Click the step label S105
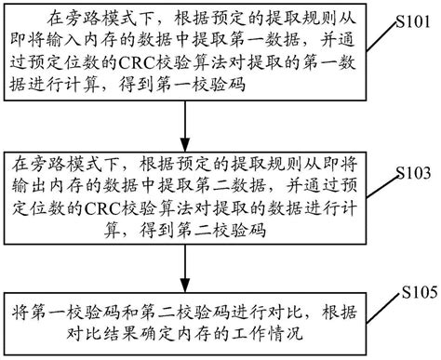coord(416,292)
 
